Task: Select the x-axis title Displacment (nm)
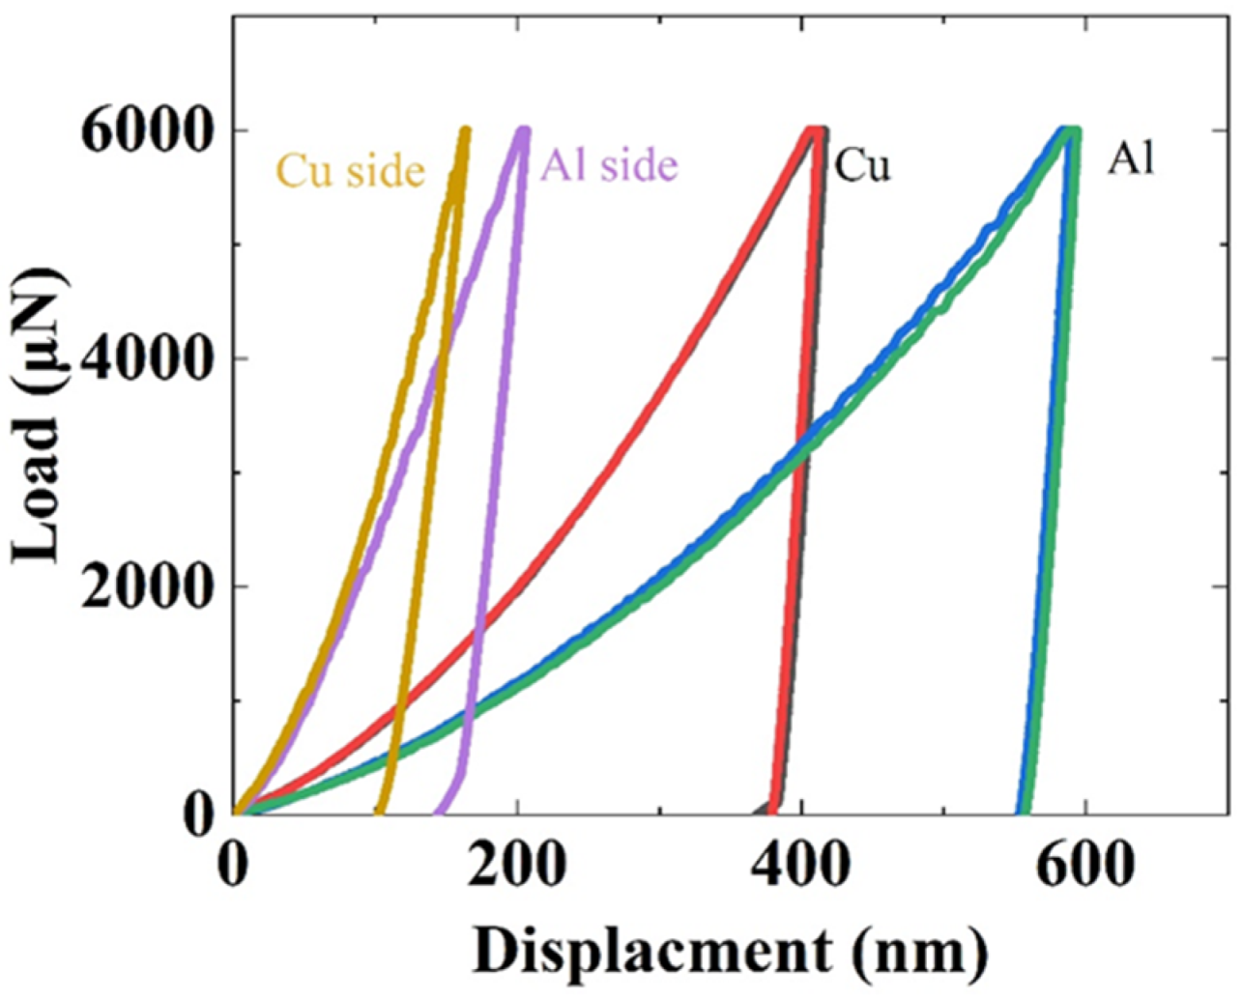click(x=730, y=952)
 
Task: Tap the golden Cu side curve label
click(x=350, y=171)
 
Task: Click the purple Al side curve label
click(x=609, y=165)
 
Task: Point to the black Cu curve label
click(x=862, y=165)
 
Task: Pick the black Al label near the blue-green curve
click(x=1131, y=160)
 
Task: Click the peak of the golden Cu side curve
click(x=465, y=130)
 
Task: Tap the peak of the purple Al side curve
click(x=524, y=130)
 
